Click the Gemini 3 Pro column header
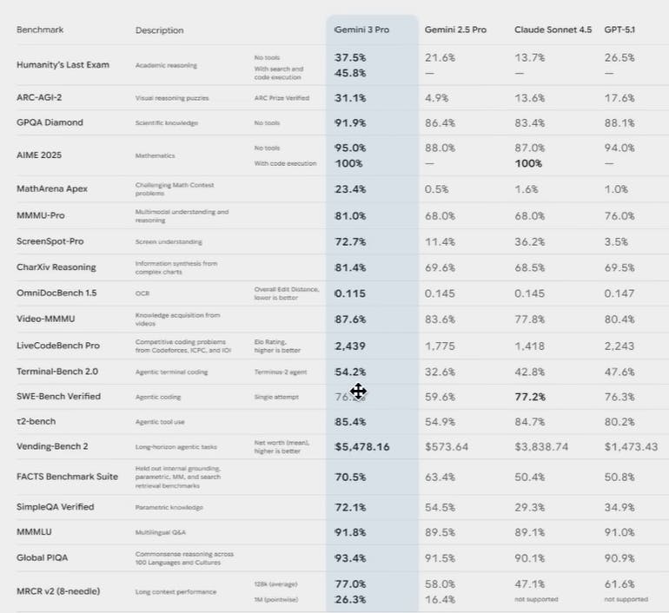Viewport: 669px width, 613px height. pos(362,30)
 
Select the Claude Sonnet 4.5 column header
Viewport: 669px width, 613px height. pos(553,30)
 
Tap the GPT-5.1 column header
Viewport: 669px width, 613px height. pos(619,30)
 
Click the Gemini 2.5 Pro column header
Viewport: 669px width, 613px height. pos(455,30)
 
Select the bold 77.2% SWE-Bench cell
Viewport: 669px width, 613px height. pos(530,396)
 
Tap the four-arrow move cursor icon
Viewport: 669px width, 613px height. pos(358,392)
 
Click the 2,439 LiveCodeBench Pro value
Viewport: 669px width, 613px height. pos(351,346)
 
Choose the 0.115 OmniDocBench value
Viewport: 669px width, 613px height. pos(351,293)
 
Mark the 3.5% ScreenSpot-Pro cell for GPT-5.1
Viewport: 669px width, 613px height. pos(617,241)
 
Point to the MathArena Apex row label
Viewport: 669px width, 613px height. pos(52,189)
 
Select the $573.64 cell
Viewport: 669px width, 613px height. pos(447,446)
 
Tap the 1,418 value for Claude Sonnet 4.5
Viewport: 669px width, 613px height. pos(530,346)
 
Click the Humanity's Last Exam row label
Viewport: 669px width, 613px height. pos(63,65)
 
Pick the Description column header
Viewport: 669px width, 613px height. pos(159,30)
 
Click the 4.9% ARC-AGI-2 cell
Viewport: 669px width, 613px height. pos(437,98)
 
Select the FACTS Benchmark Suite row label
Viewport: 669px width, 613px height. pos(67,477)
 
